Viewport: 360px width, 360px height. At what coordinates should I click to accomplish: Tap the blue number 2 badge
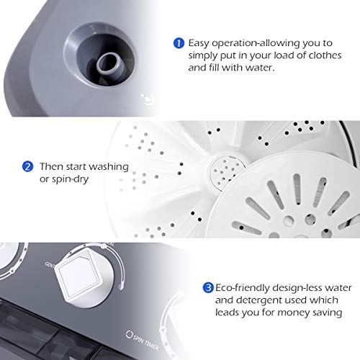click(27, 166)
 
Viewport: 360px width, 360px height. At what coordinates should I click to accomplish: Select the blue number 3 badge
click(208, 287)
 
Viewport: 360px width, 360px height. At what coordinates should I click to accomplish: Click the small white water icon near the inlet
click(146, 101)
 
